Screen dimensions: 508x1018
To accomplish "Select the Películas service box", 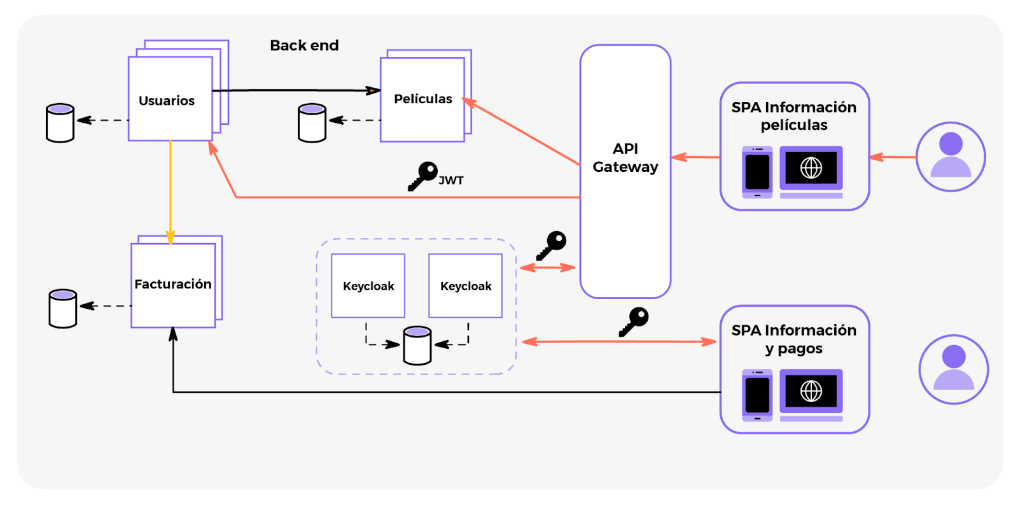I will click(422, 99).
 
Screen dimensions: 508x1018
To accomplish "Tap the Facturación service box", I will click(173, 285).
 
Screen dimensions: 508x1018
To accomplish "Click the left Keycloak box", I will click(368, 286).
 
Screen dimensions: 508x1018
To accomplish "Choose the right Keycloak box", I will click(466, 286).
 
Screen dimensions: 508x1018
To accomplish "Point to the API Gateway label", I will click(625, 158).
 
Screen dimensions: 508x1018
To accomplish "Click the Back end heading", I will click(304, 45).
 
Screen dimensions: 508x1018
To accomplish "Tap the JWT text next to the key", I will click(451, 181).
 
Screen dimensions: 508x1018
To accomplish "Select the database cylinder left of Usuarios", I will click(60, 123).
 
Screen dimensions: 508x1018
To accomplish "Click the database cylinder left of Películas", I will click(312, 123).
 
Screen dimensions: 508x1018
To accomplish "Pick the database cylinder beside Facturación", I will click(63, 309).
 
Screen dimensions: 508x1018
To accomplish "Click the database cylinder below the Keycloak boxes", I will click(417, 346).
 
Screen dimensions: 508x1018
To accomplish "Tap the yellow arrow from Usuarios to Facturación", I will click(171, 191).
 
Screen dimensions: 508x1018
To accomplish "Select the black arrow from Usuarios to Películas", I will click(296, 90).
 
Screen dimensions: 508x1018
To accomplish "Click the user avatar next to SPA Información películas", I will click(951, 157).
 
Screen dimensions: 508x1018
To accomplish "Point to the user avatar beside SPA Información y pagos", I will click(953, 369).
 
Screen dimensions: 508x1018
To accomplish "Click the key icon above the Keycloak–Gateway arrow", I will click(552, 245).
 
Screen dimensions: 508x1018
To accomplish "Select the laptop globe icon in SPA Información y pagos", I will click(811, 391).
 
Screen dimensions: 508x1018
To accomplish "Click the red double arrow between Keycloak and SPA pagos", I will click(618, 342).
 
